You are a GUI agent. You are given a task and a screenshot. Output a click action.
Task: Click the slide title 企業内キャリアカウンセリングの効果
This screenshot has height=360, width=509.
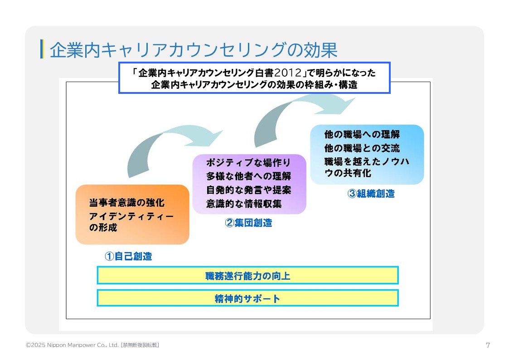coord(194,50)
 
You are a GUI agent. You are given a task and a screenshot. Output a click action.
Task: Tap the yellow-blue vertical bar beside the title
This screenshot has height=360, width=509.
coord(42,49)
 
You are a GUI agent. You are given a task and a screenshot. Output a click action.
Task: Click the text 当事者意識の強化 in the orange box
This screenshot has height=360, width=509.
coord(127,203)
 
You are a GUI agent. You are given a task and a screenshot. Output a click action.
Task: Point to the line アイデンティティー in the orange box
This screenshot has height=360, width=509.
coord(131,216)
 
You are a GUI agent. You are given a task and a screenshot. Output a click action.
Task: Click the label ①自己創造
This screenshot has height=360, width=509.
coord(128,256)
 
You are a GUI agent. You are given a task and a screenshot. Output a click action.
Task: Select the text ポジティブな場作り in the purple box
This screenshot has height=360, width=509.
coord(248,162)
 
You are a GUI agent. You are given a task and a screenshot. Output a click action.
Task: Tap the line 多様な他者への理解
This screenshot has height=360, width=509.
coord(248,176)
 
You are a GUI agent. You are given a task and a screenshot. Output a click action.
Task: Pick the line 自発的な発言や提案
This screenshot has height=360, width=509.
coord(248,190)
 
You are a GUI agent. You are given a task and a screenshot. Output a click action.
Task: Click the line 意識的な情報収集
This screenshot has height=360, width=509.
coord(244,204)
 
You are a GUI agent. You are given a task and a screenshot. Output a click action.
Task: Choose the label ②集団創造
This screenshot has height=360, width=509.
coord(249,223)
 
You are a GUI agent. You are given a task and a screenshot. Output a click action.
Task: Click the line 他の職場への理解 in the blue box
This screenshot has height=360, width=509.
coord(362,135)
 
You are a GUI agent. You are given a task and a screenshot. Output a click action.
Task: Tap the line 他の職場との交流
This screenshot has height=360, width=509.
coord(362,148)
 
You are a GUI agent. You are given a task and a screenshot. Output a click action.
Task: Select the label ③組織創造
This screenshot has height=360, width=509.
coord(371,194)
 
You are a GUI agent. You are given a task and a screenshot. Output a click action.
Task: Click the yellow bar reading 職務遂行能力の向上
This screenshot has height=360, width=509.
coord(247,275)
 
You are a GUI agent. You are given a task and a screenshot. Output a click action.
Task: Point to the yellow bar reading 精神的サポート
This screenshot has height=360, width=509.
coord(247,298)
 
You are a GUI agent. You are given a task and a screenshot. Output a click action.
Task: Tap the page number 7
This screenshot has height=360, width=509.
coord(488,345)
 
